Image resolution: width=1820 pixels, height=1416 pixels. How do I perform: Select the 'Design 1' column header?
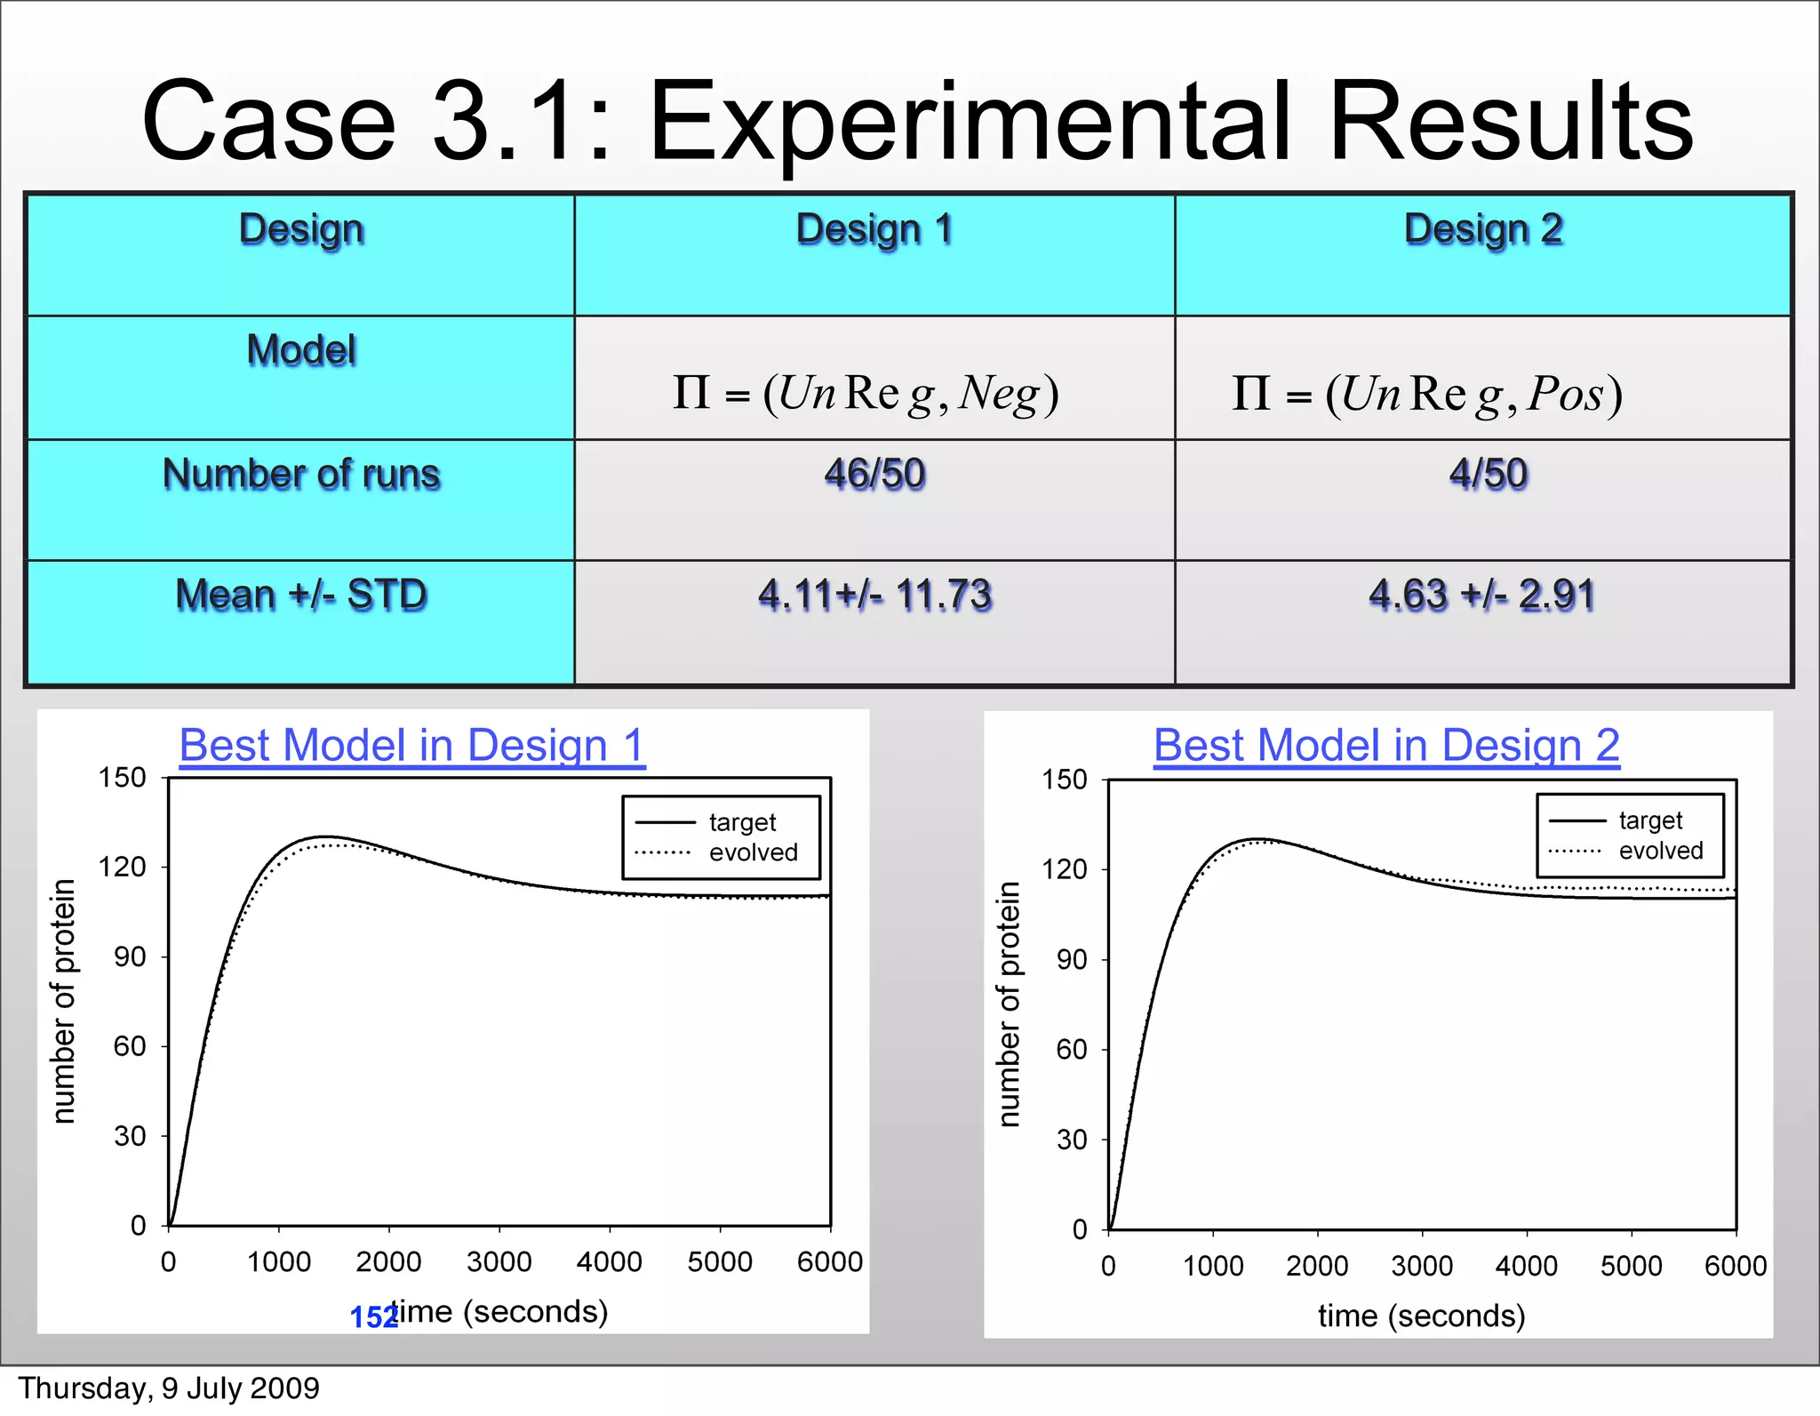coord(874,229)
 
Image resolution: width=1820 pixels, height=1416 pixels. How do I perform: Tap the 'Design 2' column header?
coord(1483,229)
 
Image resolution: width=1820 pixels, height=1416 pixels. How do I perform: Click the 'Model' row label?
coord(301,350)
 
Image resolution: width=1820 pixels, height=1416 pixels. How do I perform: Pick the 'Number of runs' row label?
coord(301,474)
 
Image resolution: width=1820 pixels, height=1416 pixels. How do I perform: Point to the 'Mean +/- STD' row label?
coord(301,595)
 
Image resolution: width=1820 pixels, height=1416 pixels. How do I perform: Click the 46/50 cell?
coord(874,474)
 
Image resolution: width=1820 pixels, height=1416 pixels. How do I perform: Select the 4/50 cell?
coord(1488,474)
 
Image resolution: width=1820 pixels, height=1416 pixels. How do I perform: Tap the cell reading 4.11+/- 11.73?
coord(874,595)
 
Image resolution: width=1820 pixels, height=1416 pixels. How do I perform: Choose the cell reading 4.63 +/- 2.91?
coord(1481,595)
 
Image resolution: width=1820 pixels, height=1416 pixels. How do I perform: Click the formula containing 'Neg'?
coord(866,393)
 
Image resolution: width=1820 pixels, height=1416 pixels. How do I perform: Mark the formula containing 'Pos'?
coord(1427,393)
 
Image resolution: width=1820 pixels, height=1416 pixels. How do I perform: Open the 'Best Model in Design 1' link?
coord(412,745)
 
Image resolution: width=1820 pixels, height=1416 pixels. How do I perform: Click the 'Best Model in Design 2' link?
coord(1386,745)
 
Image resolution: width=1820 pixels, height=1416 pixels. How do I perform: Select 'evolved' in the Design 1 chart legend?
coord(753,852)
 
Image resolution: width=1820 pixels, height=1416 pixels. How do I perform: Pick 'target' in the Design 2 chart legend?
coord(1650,820)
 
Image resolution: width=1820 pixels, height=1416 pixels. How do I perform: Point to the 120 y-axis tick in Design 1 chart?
coord(122,867)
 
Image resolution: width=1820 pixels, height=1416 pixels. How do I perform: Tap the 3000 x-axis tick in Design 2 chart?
coord(1422,1266)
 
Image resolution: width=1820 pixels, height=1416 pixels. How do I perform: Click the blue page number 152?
coord(373,1317)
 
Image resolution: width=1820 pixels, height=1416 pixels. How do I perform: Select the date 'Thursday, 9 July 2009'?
coord(169,1388)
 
